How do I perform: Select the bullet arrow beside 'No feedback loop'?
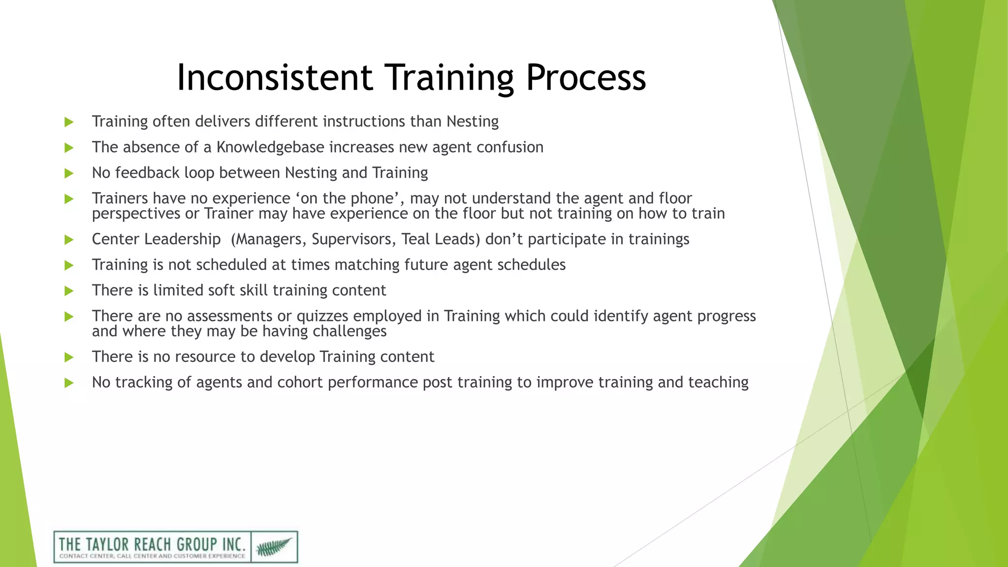pyautogui.click(x=69, y=173)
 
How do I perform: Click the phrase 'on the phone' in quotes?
pyautogui.click(x=350, y=198)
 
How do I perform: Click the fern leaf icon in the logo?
pyautogui.click(x=274, y=547)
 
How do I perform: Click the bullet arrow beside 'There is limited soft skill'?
pyautogui.click(x=69, y=291)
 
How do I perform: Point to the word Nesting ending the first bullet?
pyautogui.click(x=472, y=122)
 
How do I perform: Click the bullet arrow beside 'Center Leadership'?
pyautogui.click(x=69, y=240)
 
